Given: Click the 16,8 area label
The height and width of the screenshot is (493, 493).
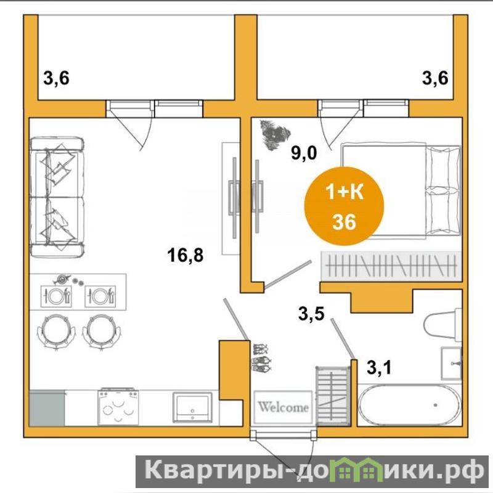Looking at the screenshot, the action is click(x=185, y=255).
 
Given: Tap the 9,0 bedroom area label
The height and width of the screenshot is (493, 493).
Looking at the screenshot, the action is click(x=304, y=153).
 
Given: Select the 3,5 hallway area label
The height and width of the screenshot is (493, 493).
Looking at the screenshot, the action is click(x=311, y=313).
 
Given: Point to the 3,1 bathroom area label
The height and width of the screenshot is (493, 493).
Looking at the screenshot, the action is click(x=379, y=367).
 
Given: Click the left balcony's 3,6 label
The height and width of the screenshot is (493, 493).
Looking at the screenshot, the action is click(x=56, y=78).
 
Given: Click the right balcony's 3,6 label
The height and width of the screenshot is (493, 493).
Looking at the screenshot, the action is click(x=435, y=78).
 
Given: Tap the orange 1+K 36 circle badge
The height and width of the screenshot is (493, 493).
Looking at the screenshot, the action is click(x=344, y=206).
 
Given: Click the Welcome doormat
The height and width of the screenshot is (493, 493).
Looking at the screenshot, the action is click(x=283, y=407).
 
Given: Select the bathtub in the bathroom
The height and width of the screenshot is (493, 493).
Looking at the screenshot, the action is click(x=410, y=405).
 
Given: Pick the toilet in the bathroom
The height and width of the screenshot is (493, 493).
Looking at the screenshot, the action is click(x=442, y=325).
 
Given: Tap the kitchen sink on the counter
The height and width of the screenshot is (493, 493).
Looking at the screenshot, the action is click(x=192, y=407).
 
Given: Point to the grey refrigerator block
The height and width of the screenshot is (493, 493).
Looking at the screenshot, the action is click(x=47, y=409).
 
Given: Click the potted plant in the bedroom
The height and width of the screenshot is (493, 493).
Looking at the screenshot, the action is click(x=274, y=135).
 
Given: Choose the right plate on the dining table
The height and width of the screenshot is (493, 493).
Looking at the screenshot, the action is click(x=100, y=296).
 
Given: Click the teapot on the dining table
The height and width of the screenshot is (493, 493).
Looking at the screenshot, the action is click(x=62, y=279).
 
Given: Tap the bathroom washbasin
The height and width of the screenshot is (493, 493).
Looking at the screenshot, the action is click(x=452, y=364).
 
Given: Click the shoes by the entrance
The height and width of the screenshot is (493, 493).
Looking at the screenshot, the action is click(x=261, y=359).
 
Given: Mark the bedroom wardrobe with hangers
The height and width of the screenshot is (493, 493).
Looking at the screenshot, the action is click(x=391, y=266).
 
